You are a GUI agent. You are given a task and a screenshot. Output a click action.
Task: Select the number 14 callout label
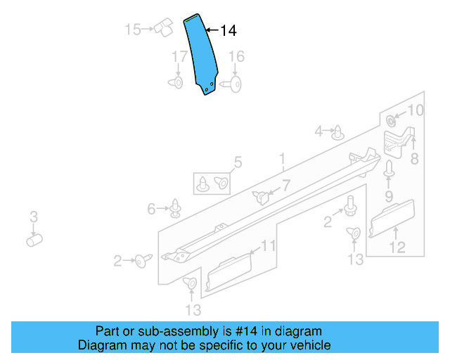[229, 31]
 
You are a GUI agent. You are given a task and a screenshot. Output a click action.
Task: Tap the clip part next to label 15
[165, 27]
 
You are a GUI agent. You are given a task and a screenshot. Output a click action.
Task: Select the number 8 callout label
[414, 159]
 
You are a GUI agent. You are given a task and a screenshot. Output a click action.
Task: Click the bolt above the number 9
[388, 169]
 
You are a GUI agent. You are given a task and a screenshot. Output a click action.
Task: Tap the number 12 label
[398, 247]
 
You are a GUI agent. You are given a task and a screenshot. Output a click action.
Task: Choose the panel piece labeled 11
[229, 271]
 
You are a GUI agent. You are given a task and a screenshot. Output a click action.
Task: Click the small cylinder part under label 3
[33, 240]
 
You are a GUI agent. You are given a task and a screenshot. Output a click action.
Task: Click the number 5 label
[238, 163]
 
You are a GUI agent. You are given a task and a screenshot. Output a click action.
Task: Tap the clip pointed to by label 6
[175, 209]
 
